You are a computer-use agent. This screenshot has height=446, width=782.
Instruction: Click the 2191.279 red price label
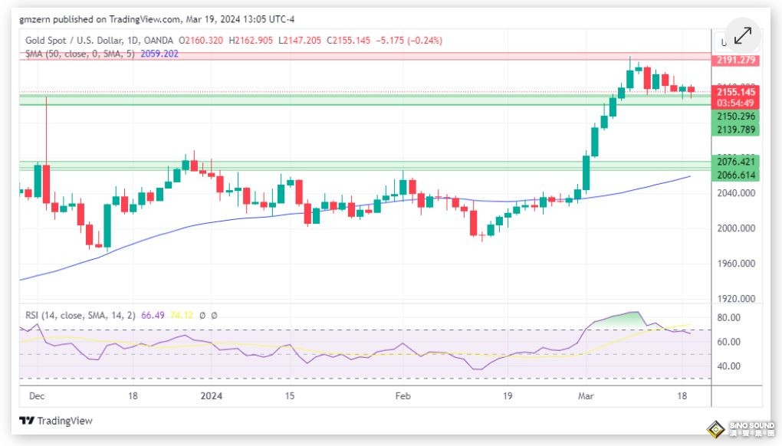(x=735, y=60)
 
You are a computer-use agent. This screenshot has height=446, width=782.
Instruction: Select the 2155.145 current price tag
(x=735, y=92)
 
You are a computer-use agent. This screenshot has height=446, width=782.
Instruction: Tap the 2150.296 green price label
(x=735, y=116)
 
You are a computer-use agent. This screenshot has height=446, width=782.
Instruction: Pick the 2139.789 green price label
(x=735, y=130)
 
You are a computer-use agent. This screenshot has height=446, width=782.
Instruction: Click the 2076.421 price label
(x=735, y=161)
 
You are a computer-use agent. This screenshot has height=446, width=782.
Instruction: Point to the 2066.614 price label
(x=735, y=175)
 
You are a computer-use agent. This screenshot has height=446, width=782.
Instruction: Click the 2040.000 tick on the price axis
(x=735, y=193)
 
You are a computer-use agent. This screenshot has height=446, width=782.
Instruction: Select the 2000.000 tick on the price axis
(x=735, y=228)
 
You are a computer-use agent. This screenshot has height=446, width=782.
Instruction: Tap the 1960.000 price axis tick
(x=735, y=264)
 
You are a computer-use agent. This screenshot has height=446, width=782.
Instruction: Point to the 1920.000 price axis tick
(x=735, y=299)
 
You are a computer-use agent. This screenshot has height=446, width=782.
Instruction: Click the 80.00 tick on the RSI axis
(x=729, y=317)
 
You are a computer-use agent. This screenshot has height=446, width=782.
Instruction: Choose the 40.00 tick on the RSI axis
(x=729, y=366)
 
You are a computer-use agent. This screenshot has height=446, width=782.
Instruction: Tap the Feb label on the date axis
(x=402, y=396)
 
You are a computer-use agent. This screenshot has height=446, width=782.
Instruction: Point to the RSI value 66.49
(x=153, y=315)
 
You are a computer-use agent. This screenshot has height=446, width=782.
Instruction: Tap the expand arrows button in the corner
(x=742, y=35)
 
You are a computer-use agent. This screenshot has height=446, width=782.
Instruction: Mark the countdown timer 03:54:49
(x=735, y=103)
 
